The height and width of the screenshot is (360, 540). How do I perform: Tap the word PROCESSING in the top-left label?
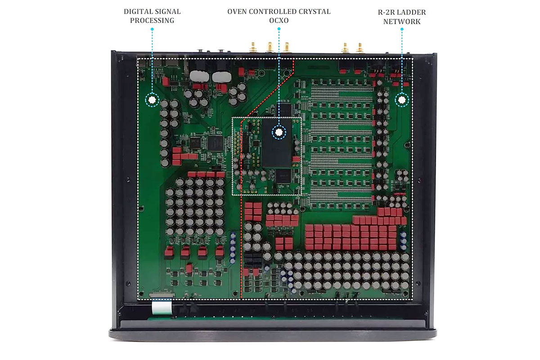pos(152,21)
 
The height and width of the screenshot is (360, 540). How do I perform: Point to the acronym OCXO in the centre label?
pos(279,21)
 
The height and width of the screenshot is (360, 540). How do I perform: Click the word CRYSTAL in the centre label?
pos(312,11)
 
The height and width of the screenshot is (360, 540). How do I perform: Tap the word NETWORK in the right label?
pos(401,21)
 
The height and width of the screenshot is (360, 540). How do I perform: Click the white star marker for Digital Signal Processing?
pos(152,100)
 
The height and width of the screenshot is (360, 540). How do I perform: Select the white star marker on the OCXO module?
pos(279,132)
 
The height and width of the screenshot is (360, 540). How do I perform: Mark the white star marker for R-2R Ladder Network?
pos(402,100)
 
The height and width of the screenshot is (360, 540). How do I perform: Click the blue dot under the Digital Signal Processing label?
pos(152,29)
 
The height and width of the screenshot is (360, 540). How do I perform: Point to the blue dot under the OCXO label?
pos(279,29)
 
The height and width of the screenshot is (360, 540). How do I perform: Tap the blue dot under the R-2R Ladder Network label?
pos(402,29)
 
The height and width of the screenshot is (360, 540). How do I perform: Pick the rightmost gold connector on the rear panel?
pos(360,47)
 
